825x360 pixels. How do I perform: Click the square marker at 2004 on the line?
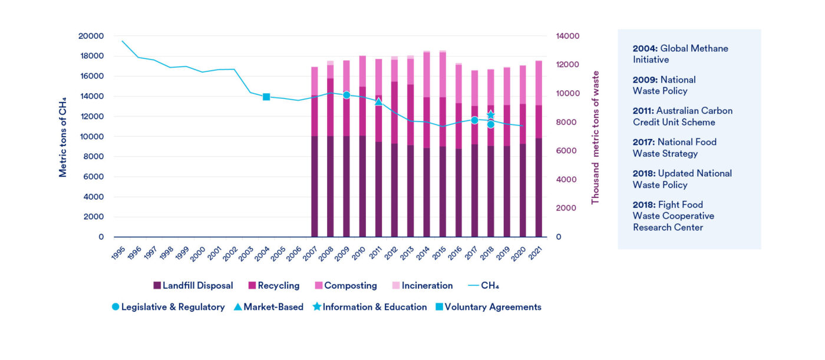click(266, 97)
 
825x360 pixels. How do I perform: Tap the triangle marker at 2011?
click(378, 102)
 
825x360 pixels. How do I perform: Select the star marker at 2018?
click(490, 115)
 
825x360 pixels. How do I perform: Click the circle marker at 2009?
click(346, 95)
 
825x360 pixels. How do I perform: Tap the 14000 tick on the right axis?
click(567, 36)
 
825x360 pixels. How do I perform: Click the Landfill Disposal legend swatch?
click(157, 286)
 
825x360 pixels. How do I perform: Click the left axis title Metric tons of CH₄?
click(62, 137)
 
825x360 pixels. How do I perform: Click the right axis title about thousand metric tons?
click(595, 137)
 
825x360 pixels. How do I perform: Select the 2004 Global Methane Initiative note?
click(680, 54)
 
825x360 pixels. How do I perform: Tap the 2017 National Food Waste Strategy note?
click(674, 148)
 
